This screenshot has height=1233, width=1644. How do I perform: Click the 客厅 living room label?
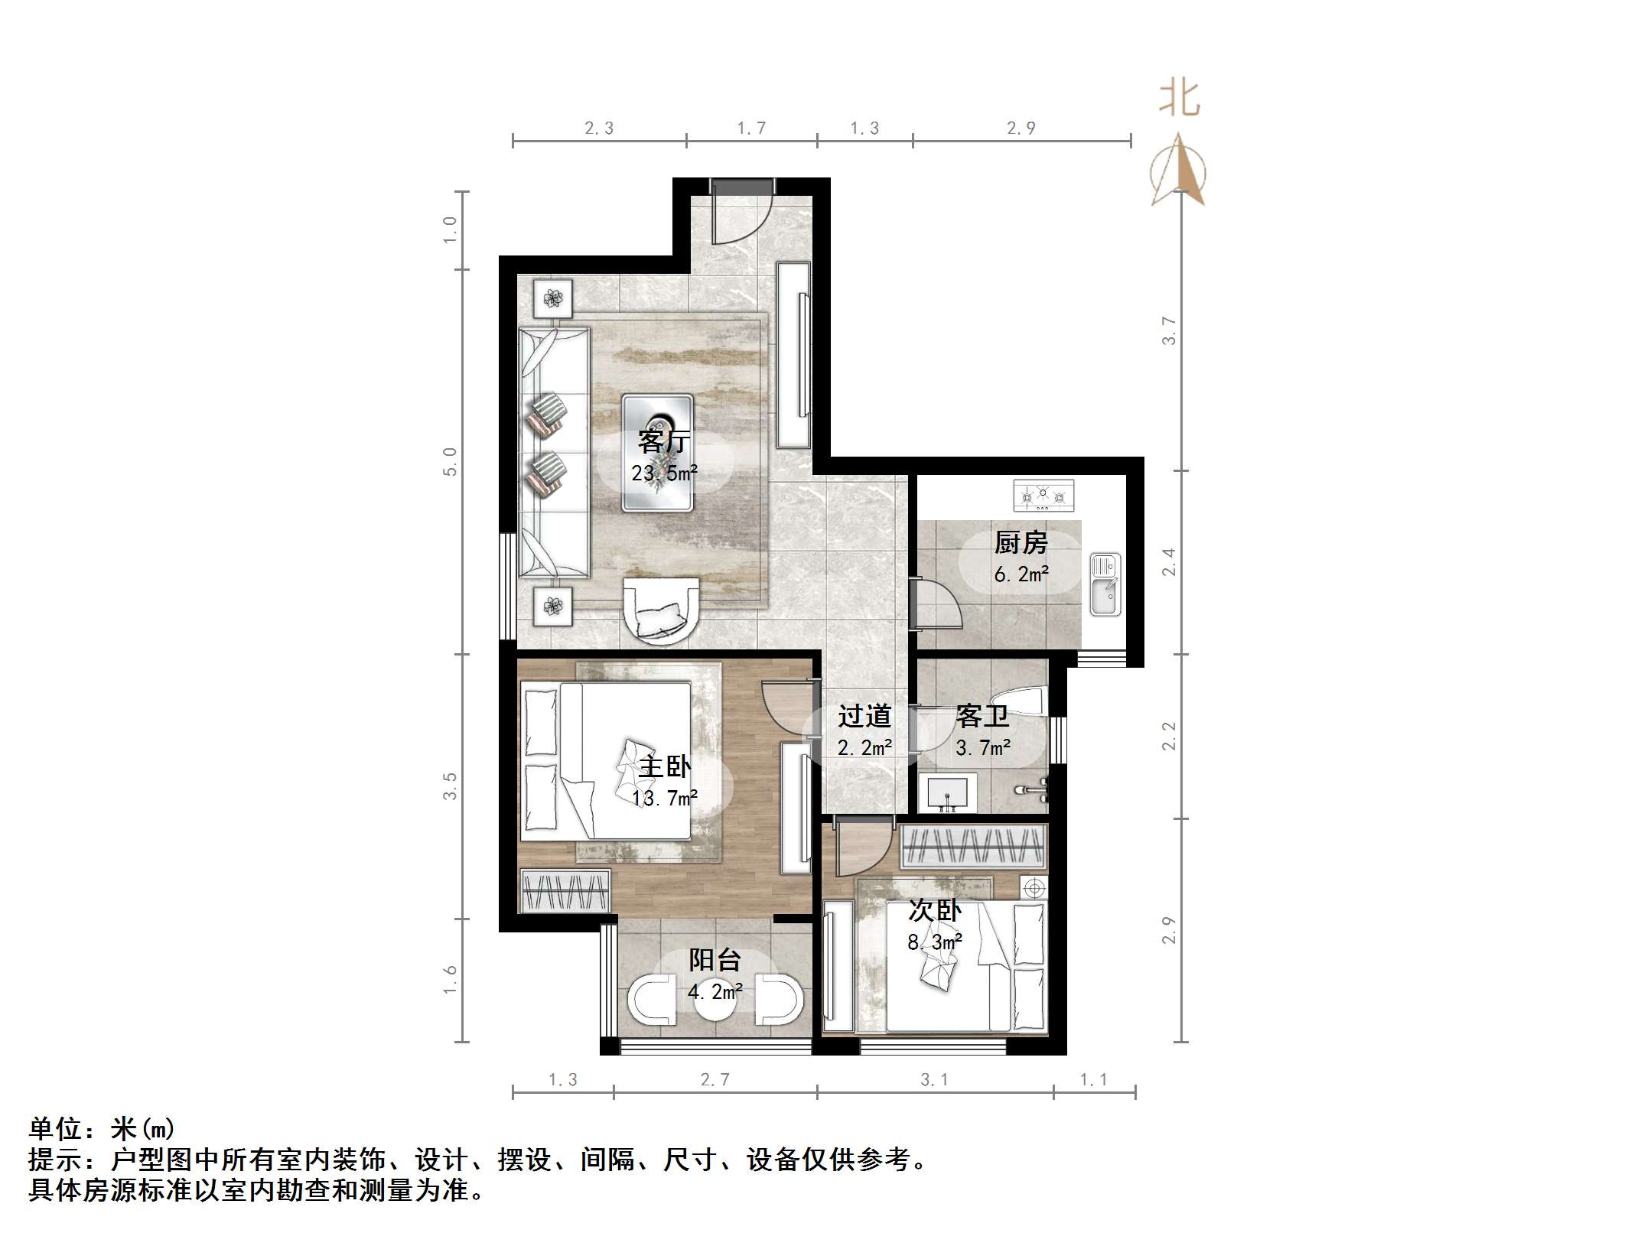point(664,441)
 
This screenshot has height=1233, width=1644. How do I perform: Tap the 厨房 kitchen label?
point(1021,543)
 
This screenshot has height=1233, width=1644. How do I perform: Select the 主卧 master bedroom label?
point(664,766)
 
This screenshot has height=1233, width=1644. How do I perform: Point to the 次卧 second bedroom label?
point(935,910)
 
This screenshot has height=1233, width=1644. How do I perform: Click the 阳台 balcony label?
point(715,960)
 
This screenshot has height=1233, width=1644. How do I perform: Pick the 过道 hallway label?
point(864,717)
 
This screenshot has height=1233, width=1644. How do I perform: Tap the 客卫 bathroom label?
point(982,717)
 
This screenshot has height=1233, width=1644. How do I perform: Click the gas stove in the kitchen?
point(1043,496)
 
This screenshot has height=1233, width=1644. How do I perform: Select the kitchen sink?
point(1105,585)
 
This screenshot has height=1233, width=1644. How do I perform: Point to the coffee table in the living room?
point(657,453)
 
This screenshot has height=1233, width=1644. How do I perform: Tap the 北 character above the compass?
point(1179,99)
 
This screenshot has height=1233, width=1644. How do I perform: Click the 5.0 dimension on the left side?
point(450,462)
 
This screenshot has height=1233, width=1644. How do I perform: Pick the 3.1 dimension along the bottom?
point(934,1079)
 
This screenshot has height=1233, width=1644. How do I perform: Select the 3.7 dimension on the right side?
point(1168,330)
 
